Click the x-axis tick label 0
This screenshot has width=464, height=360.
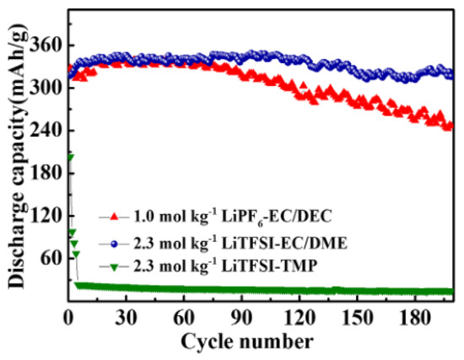(x=69, y=320)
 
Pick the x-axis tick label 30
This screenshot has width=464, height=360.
(x=127, y=320)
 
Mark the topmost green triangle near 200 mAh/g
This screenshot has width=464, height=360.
(x=70, y=158)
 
